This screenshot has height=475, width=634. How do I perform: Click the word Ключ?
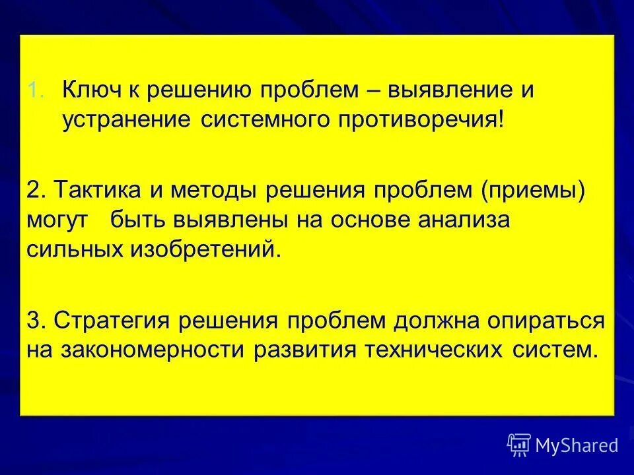[x=91, y=90]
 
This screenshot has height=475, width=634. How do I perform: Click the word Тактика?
[x=93, y=191]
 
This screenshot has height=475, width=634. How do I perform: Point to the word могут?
[x=58, y=221]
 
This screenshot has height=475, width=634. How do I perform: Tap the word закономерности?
[x=147, y=349]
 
